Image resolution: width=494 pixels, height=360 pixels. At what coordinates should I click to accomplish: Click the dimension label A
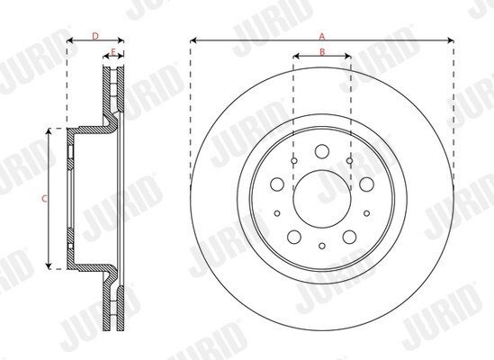(x=321, y=37)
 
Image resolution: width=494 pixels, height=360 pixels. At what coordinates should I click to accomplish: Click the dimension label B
(x=322, y=52)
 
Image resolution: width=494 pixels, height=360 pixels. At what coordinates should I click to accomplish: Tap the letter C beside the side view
(x=45, y=199)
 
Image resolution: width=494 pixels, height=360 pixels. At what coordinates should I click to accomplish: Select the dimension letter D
(x=95, y=36)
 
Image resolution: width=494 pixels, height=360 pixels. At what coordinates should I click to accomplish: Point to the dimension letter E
(x=113, y=51)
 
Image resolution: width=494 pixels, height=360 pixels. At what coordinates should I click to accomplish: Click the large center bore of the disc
(x=322, y=199)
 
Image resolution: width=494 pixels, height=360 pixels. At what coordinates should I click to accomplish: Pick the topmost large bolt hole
(x=322, y=151)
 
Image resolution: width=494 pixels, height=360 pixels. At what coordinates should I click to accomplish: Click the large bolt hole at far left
(x=277, y=184)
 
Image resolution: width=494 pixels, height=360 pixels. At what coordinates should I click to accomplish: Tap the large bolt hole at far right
(x=367, y=184)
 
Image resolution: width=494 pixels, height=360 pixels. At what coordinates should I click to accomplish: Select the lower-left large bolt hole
(x=294, y=237)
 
